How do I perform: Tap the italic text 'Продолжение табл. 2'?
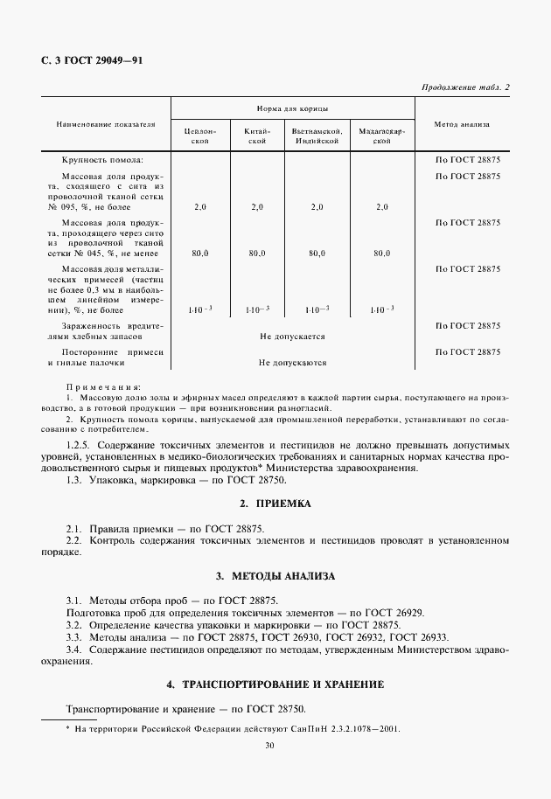(x=465, y=87)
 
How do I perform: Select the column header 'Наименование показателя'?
(x=106, y=124)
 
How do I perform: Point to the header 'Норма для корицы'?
(x=292, y=108)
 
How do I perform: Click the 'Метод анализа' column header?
(x=462, y=124)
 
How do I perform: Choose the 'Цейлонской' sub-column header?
(x=199, y=135)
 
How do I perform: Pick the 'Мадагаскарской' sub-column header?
(x=381, y=135)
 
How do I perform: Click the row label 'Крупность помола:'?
(x=102, y=161)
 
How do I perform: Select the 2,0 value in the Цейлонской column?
(x=199, y=207)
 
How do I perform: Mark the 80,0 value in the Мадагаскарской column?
(x=381, y=253)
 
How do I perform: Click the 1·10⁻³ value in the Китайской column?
(x=256, y=309)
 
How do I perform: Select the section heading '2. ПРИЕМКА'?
(x=275, y=504)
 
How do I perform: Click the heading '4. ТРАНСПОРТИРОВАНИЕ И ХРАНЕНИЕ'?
(x=275, y=683)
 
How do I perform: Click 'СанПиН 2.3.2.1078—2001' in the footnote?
(x=338, y=728)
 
